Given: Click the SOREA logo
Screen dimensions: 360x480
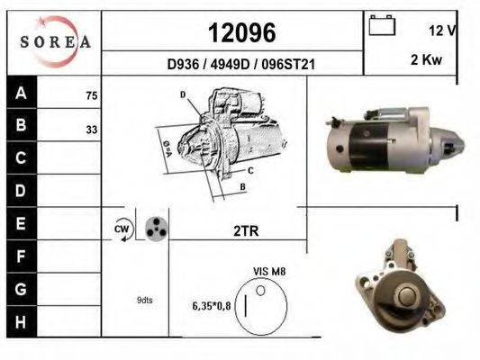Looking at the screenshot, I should click(x=55, y=41).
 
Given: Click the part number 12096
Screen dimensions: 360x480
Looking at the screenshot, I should click(x=241, y=33).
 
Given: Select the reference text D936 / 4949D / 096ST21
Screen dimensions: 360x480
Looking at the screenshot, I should click(x=242, y=65).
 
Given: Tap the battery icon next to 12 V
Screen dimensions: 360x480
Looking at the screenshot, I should click(x=382, y=26).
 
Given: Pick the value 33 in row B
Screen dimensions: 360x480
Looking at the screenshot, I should click(x=92, y=129).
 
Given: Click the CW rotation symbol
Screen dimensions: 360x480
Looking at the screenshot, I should click(x=123, y=230).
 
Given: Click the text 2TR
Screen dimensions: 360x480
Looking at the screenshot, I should click(x=246, y=231).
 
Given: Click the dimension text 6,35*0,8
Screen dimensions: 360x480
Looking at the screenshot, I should click(x=212, y=306).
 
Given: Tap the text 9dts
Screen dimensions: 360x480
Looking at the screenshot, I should click(x=145, y=300).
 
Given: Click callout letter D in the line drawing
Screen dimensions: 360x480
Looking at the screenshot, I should click(x=183, y=94).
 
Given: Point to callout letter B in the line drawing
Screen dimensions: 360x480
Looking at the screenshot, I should click(x=242, y=186).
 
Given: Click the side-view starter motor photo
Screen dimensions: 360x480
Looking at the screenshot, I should click(x=392, y=140).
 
